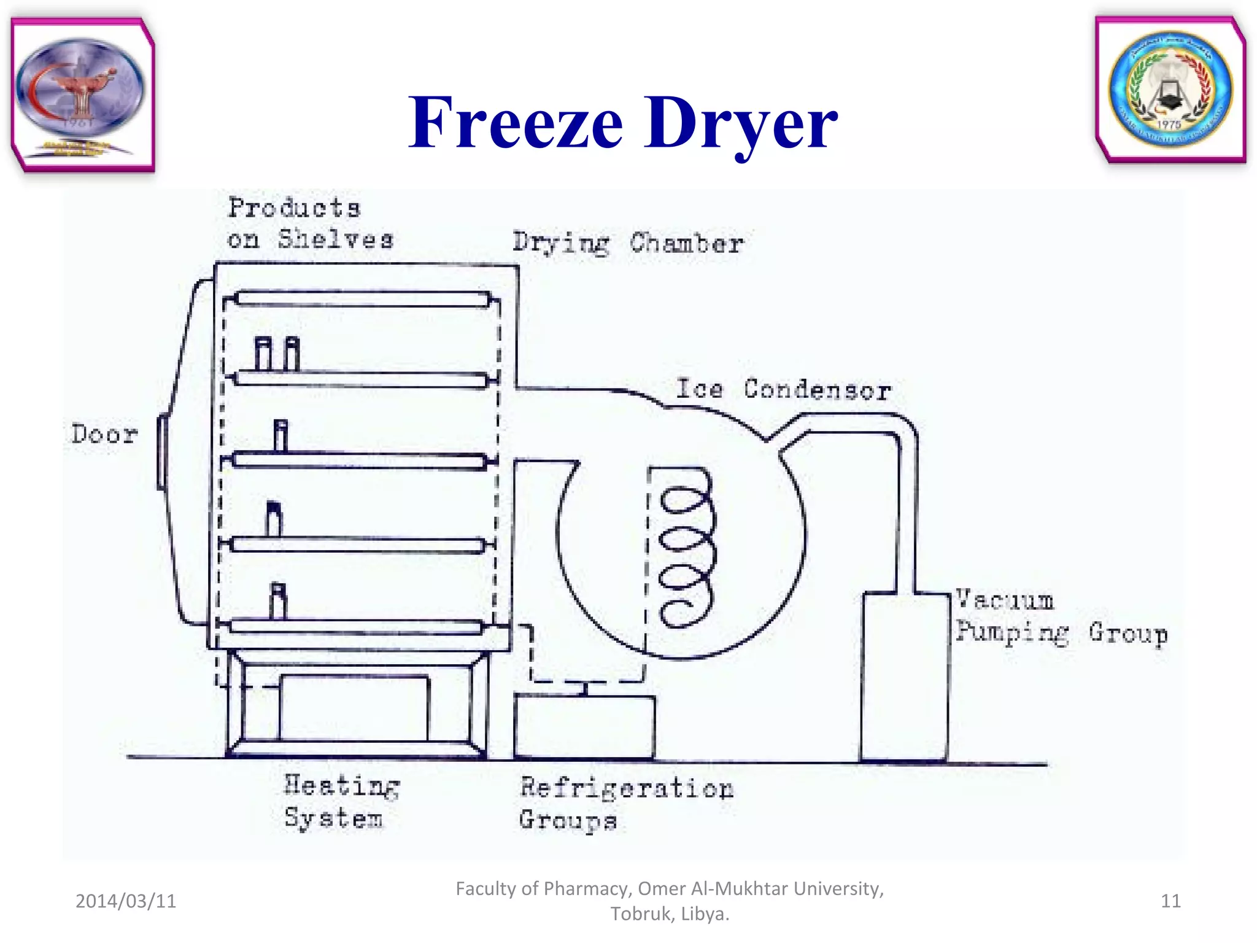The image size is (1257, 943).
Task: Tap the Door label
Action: click(x=104, y=435)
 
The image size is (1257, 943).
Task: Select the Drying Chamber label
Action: click(x=628, y=244)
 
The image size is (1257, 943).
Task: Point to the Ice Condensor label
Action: click(x=783, y=390)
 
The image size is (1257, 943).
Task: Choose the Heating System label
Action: click(x=341, y=802)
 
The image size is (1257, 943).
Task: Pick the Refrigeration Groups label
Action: click(x=625, y=804)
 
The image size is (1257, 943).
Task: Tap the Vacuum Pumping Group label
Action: click(x=1060, y=617)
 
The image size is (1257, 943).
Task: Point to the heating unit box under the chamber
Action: click(x=354, y=708)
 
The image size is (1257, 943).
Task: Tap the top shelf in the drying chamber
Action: click(x=362, y=299)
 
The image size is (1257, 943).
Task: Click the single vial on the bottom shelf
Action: click(x=278, y=601)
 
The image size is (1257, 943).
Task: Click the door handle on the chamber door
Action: click(x=162, y=452)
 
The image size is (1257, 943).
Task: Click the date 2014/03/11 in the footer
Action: click(x=126, y=901)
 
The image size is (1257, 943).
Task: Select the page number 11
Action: click(x=1170, y=901)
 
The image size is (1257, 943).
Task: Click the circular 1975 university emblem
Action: click(x=1170, y=90)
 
